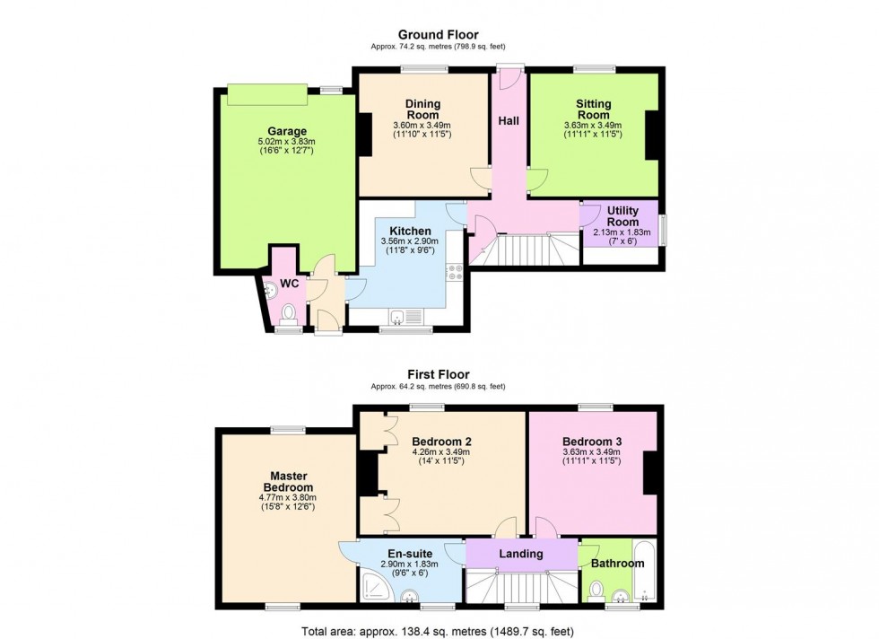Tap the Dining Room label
tap(422, 109)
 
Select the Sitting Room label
tap(593, 109)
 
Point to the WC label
tap(290, 284)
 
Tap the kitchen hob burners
tap(454, 274)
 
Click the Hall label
tap(509, 120)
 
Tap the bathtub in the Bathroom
tap(645, 571)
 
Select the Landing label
tap(521, 554)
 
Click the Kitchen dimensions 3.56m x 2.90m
tap(411, 242)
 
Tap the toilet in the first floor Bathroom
tap(596, 590)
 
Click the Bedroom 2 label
tap(441, 442)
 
